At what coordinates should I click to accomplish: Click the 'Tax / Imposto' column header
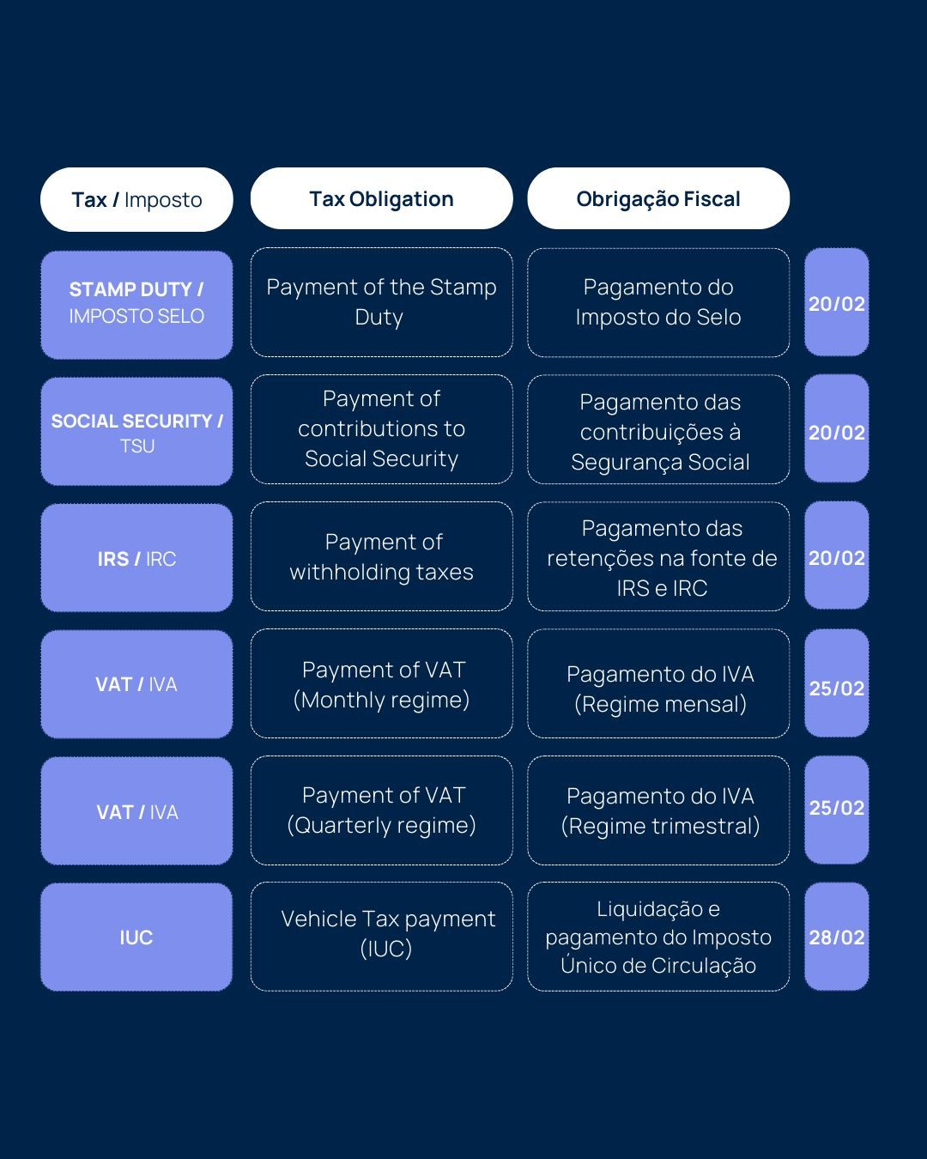[136, 199]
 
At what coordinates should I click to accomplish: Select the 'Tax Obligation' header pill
[381, 198]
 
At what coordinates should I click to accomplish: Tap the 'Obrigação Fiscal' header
[658, 198]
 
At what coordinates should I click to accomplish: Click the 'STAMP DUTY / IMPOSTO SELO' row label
[136, 305]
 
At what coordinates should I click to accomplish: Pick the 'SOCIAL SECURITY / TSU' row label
[136, 431]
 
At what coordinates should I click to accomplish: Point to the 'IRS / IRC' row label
[136, 558]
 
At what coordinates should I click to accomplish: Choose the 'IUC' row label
[136, 938]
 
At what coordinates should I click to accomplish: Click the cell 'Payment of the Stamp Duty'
[381, 302]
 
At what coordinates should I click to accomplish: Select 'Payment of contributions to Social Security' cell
[381, 429]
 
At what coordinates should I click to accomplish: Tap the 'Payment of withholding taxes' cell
[381, 556]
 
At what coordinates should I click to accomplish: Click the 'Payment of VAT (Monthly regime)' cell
[381, 683]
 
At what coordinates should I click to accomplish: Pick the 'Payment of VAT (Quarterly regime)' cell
[381, 810]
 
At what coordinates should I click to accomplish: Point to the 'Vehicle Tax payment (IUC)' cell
[381, 937]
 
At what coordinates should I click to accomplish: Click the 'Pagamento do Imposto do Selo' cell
[658, 302]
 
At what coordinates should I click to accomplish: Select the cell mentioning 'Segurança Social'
[658, 429]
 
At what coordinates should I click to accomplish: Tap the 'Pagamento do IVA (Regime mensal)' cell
[658, 683]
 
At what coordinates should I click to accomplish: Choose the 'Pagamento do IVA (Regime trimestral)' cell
[658, 810]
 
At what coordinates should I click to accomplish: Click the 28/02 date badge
[837, 937]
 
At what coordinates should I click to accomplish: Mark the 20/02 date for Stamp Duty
[837, 302]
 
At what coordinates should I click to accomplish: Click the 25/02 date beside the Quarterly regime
[837, 810]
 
